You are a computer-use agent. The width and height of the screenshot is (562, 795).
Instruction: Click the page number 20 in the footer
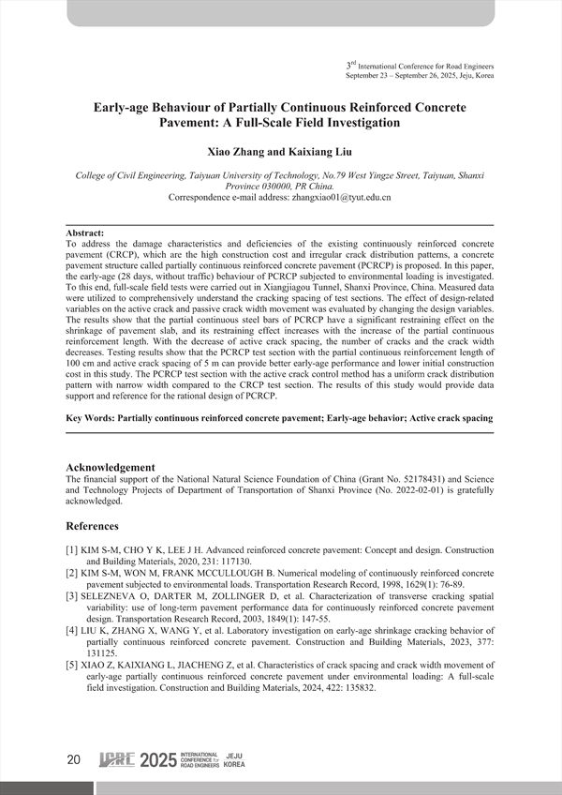point(74,760)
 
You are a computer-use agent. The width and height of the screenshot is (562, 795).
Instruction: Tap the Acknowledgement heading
point(111,467)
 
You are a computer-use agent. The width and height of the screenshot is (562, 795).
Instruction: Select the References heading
point(92,526)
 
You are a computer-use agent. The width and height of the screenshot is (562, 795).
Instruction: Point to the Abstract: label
point(85,232)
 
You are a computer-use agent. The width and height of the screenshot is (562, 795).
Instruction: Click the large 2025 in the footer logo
point(157,760)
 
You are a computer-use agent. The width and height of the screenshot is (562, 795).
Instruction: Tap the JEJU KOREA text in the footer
point(235,760)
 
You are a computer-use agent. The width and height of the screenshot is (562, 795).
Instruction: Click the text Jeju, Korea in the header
point(473,75)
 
